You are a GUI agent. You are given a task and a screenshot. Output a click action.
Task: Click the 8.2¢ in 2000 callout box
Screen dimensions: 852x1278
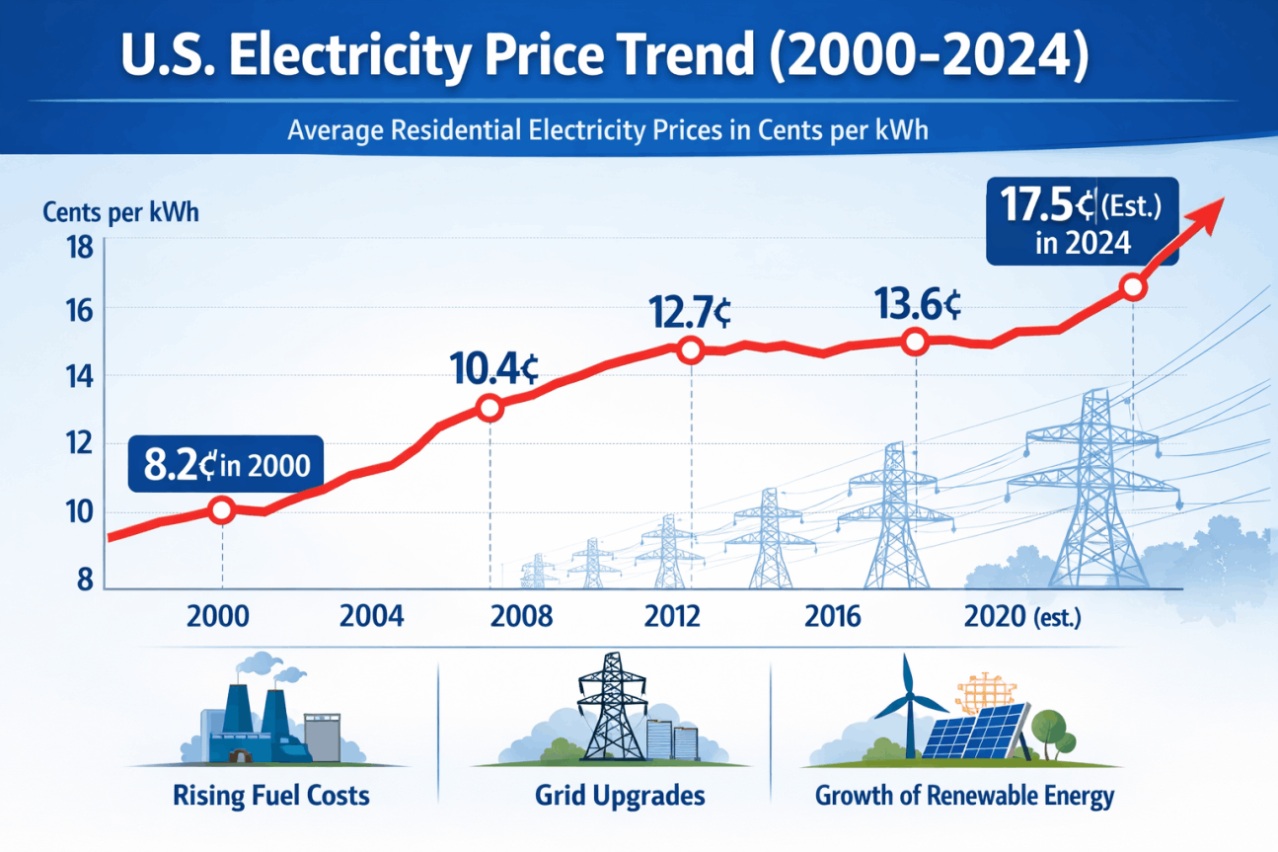(225, 465)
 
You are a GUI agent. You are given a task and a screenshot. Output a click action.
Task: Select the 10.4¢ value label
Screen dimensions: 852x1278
(493, 369)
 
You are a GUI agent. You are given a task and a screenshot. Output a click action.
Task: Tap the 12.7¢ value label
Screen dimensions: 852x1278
(690, 312)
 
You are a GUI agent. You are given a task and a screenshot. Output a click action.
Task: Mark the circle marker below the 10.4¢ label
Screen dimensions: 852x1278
(489, 408)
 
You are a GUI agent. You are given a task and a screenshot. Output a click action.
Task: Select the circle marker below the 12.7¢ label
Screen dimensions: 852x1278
(690, 349)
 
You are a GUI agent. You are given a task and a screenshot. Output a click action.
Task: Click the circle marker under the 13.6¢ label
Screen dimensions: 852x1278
(915, 343)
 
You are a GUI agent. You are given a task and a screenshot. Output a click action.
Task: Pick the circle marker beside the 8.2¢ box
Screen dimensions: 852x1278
(222, 510)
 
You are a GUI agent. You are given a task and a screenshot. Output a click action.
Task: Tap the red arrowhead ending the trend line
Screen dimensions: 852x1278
(1208, 209)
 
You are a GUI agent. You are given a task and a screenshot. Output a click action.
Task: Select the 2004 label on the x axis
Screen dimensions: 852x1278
(372, 617)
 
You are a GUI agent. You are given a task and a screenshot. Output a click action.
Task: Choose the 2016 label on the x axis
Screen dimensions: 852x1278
(833, 617)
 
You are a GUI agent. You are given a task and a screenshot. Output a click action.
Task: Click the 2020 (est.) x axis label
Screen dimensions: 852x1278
(1022, 617)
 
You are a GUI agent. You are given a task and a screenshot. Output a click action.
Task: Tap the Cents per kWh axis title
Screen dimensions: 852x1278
(120, 212)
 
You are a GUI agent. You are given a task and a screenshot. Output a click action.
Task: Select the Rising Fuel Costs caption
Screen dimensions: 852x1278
(270, 795)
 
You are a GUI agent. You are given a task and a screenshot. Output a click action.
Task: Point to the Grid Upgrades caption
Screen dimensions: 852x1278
(620, 795)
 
